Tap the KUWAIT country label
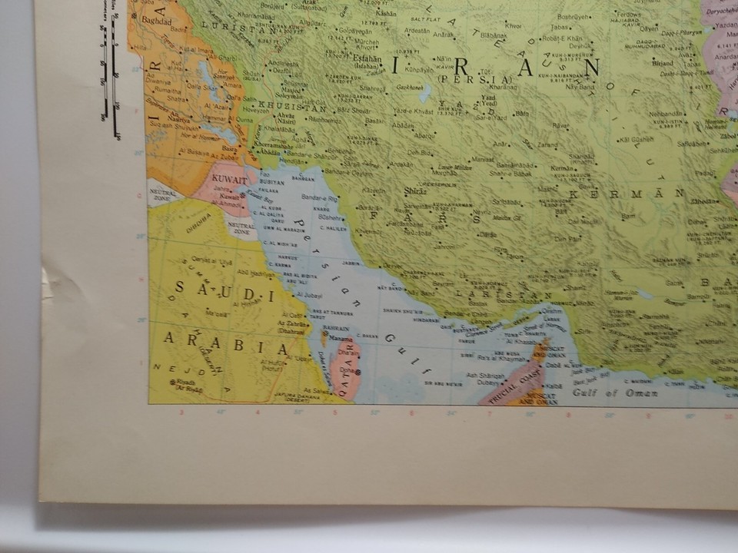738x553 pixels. pos(228,178)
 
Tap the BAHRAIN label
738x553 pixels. pos(336,329)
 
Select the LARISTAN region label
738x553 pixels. pos(503,294)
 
